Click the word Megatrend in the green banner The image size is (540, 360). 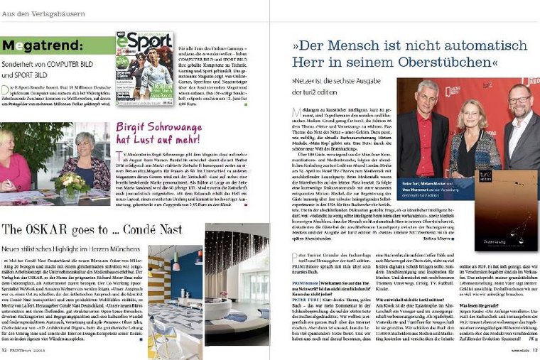[x=36, y=47]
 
